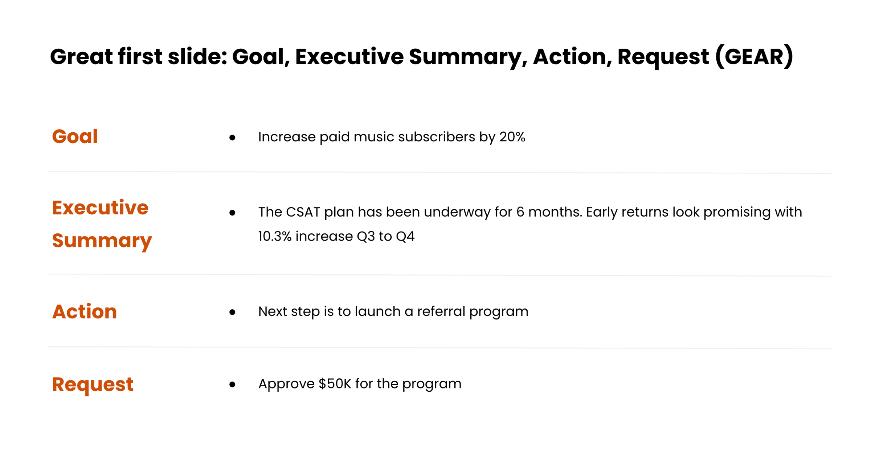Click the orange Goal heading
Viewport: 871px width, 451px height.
pos(75,137)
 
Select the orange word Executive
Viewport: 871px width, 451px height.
pos(100,208)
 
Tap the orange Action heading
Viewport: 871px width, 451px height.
pos(85,311)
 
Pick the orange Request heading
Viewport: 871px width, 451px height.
pos(93,384)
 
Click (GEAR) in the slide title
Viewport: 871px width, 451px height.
pos(754,57)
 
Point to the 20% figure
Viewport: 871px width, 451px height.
pos(512,137)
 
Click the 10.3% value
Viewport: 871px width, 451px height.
pos(275,236)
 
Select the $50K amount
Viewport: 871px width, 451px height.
pos(335,384)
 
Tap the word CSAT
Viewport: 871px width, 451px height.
pos(303,212)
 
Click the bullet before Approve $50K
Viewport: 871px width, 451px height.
pos(232,384)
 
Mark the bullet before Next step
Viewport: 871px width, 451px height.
pos(232,312)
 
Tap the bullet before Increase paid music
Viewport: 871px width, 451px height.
pos(232,138)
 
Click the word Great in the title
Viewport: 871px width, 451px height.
pos(81,57)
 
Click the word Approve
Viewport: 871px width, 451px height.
pos(286,384)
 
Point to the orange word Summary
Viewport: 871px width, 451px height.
pos(102,241)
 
